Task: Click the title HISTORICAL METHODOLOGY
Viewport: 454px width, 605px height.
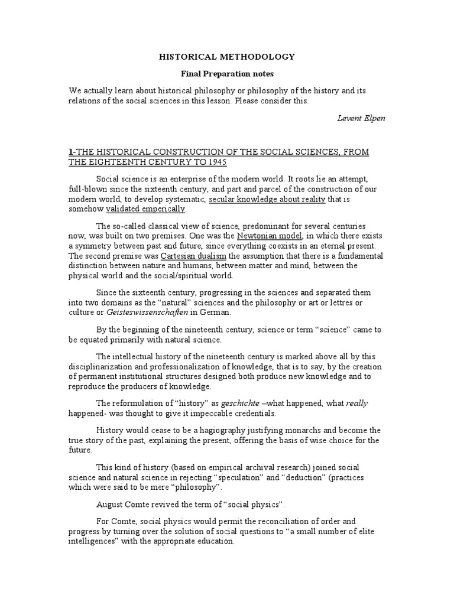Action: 227,57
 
